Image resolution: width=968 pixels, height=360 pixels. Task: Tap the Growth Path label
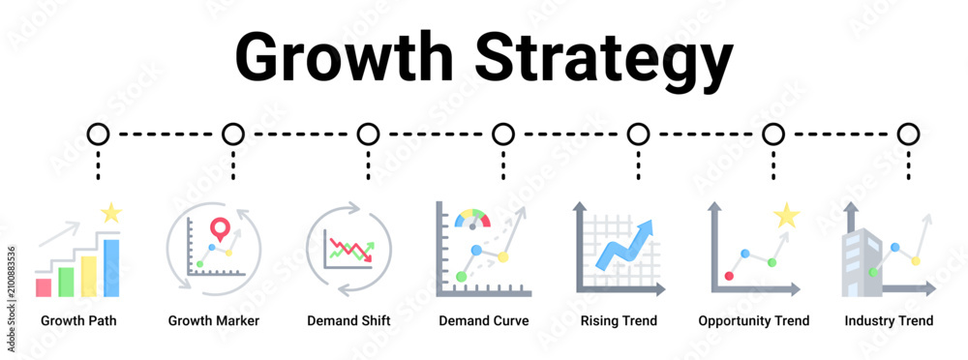tap(78, 320)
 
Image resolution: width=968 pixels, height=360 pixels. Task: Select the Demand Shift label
tap(348, 320)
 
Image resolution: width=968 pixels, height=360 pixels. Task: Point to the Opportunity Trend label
tap(754, 321)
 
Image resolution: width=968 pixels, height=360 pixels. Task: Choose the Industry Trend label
tap(889, 321)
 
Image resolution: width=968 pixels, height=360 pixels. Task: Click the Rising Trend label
tap(619, 321)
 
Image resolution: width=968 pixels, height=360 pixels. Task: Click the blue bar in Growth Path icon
tap(111, 268)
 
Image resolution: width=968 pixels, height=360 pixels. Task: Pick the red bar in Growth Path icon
tap(44, 287)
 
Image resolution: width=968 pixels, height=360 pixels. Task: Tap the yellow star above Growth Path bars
tap(111, 213)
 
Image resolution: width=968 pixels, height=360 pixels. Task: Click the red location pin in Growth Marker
tap(219, 228)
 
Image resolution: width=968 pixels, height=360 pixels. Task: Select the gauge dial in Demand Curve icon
tap(472, 219)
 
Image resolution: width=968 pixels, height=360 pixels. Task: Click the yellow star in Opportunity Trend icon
tap(786, 216)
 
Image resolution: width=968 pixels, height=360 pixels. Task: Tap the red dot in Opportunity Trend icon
tap(729, 276)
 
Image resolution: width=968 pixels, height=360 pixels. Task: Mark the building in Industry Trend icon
tap(862, 262)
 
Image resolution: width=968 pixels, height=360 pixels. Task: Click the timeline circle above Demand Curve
tap(503, 134)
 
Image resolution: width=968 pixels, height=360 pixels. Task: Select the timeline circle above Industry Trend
tap(908, 134)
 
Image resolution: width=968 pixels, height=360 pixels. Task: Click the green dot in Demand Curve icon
tap(461, 277)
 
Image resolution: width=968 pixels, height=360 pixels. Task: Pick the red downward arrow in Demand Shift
tap(350, 250)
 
